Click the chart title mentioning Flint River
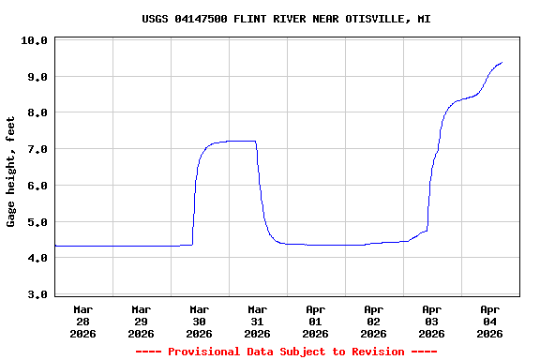coord(286,19)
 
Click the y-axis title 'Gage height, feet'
coord(11,172)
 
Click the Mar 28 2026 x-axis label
coord(83,321)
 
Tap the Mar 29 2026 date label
coord(142,321)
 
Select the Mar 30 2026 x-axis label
coord(200,321)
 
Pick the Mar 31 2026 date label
coord(258,321)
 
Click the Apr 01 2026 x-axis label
coord(316,321)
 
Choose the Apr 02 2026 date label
coord(374,321)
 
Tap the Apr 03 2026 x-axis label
coord(432,321)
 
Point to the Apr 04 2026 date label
coord(490,321)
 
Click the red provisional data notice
coord(286,352)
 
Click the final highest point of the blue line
coord(502,63)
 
